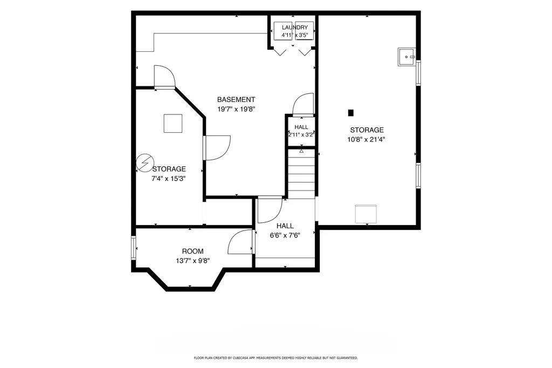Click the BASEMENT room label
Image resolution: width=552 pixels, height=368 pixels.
pos(236,100)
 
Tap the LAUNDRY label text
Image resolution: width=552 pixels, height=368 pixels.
pos(295,27)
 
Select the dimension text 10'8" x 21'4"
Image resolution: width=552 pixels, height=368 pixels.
pos(366,139)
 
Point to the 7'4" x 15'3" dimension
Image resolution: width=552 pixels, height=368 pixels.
pos(168,179)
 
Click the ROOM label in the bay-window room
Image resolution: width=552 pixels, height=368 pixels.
pos(192,251)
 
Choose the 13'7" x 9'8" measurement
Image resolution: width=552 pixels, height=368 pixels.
pos(193,261)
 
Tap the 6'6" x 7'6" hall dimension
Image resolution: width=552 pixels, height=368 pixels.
pos(285,235)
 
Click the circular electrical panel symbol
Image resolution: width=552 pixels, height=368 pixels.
pos(144,163)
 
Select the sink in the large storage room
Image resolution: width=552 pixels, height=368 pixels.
pos(407,57)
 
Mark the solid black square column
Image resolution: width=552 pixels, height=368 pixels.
pos(350,113)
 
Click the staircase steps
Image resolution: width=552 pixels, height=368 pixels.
pos(302,173)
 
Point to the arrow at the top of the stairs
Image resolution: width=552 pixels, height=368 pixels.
pos(301,151)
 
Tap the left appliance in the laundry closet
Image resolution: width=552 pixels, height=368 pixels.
pos(283,31)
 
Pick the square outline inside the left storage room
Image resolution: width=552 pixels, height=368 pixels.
pos(173,124)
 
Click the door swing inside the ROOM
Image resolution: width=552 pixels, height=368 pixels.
pos(240,242)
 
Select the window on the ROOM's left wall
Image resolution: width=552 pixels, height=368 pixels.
pos(134,248)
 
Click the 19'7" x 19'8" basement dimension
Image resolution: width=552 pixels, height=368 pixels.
pos(236,110)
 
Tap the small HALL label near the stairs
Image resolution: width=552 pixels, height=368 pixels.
pos(301,127)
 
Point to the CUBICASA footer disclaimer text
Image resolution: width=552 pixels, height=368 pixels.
pos(275,358)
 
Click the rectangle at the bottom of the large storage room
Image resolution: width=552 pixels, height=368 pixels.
pos(366,214)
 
